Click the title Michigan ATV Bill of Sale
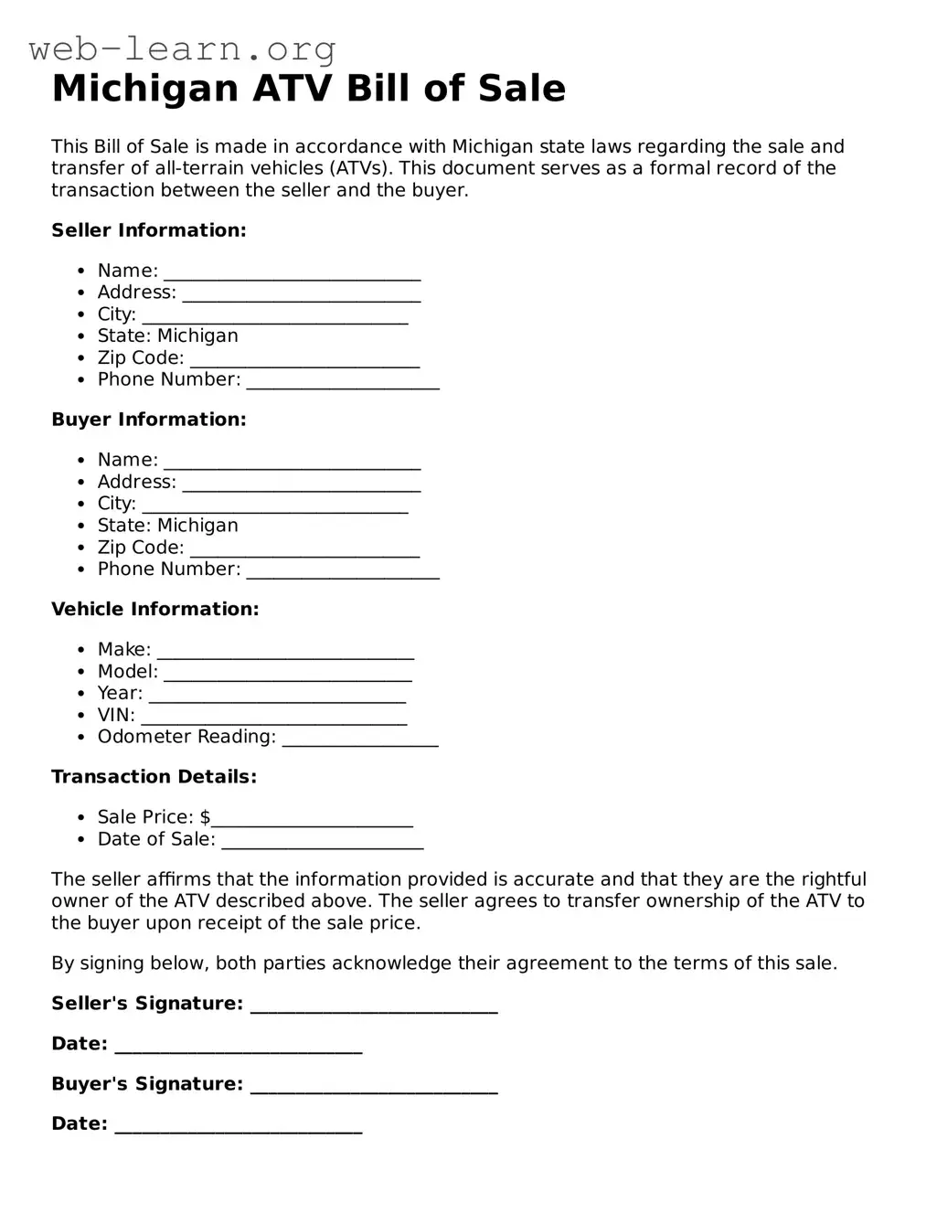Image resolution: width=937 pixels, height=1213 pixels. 309,89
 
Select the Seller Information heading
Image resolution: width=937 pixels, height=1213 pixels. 149,230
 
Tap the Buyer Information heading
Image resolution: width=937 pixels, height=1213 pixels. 149,420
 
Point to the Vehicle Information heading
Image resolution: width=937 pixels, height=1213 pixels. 155,609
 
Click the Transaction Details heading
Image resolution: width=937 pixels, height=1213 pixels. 154,777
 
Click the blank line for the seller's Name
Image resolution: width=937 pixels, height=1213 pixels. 293,272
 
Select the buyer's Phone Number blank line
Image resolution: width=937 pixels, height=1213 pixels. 343,571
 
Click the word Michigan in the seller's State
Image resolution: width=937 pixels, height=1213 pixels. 197,336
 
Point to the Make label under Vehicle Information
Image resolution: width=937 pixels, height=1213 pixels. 124,650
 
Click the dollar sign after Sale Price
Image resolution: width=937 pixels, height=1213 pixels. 205,817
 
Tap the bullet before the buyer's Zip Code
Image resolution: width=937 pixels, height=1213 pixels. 80,548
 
